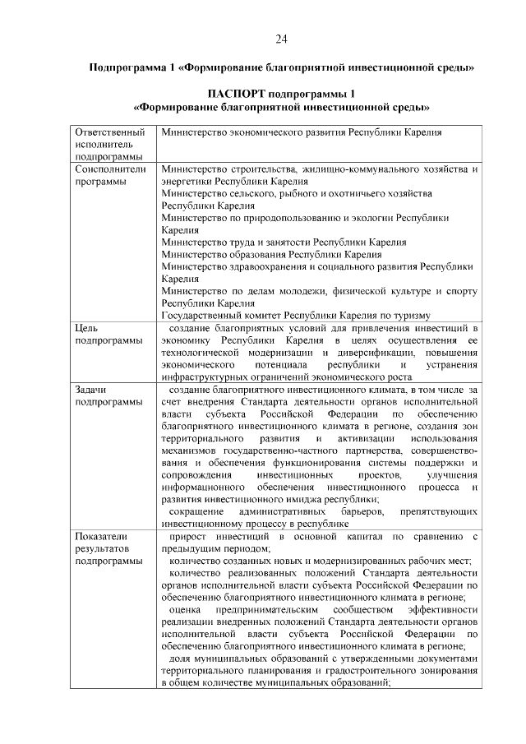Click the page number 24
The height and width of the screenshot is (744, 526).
280,39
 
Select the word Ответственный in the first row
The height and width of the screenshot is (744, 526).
104,132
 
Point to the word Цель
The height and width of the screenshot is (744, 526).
85,328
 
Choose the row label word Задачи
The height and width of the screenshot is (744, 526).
91,388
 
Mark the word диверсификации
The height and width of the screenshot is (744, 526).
352,353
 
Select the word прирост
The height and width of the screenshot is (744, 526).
186,536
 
